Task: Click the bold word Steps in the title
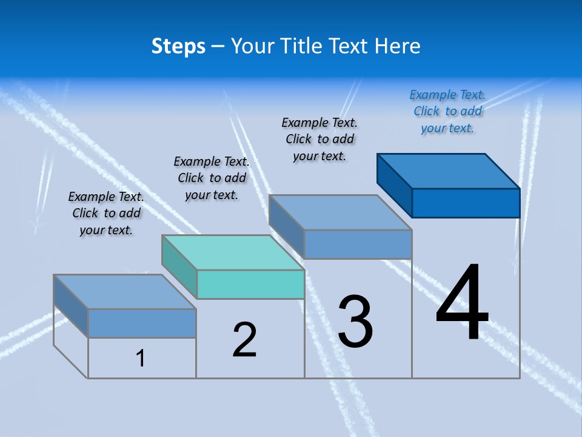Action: (178, 47)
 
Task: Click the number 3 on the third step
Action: (355, 321)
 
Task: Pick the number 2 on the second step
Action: (245, 340)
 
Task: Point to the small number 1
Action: (141, 358)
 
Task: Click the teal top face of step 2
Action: (233, 252)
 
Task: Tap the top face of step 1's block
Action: (125, 292)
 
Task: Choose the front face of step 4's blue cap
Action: (466, 203)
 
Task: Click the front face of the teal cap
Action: (250, 284)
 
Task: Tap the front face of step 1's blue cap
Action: (142, 323)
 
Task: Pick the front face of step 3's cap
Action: (358, 244)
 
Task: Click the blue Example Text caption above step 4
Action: (447, 111)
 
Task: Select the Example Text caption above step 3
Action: (319, 139)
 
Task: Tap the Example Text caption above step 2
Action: (212, 178)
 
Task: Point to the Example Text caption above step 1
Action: (106, 213)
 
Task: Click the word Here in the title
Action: (398, 47)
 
